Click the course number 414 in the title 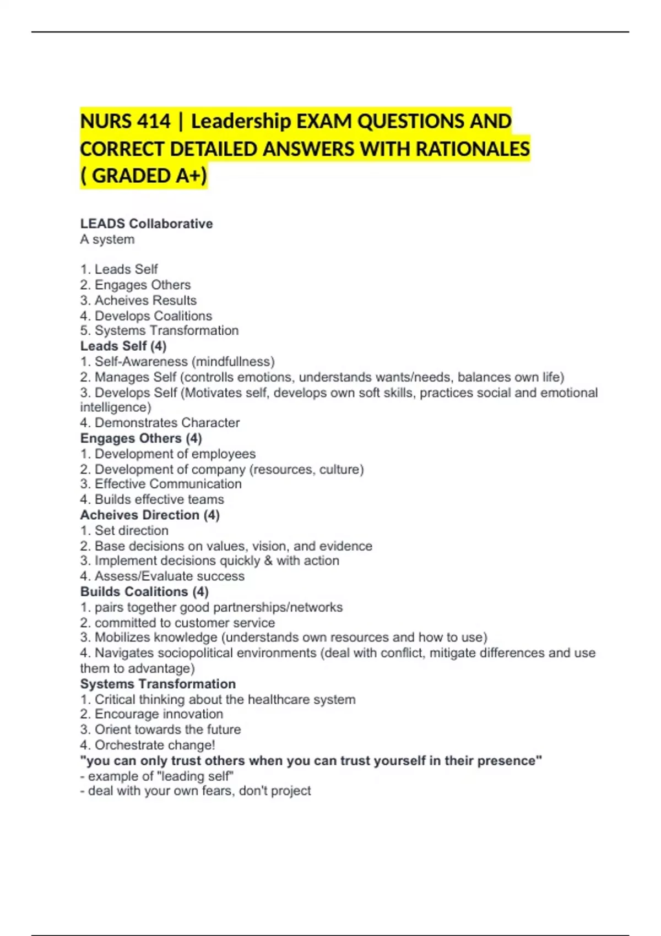154,121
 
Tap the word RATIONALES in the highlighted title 473,149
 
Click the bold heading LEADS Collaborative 147,224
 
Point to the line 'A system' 107,240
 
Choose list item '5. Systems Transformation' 159,330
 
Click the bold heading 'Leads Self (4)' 123,346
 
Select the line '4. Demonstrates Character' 160,423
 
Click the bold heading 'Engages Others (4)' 141,438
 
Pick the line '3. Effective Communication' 161,484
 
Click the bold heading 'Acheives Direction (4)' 150,515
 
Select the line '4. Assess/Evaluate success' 162,576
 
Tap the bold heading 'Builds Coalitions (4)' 144,591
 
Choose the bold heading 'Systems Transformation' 158,684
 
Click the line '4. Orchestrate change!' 148,745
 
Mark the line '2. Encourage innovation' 151,714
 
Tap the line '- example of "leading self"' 157,776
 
